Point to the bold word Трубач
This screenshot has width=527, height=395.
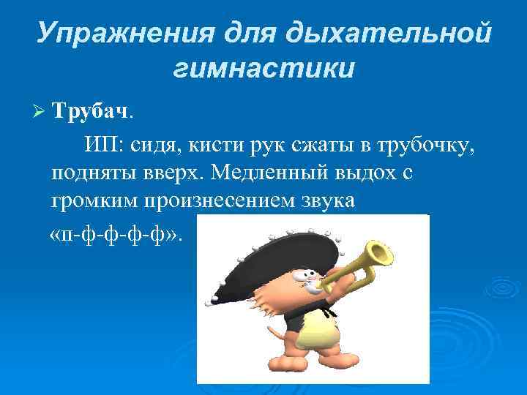tap(91, 111)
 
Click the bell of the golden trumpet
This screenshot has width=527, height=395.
tap(381, 254)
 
